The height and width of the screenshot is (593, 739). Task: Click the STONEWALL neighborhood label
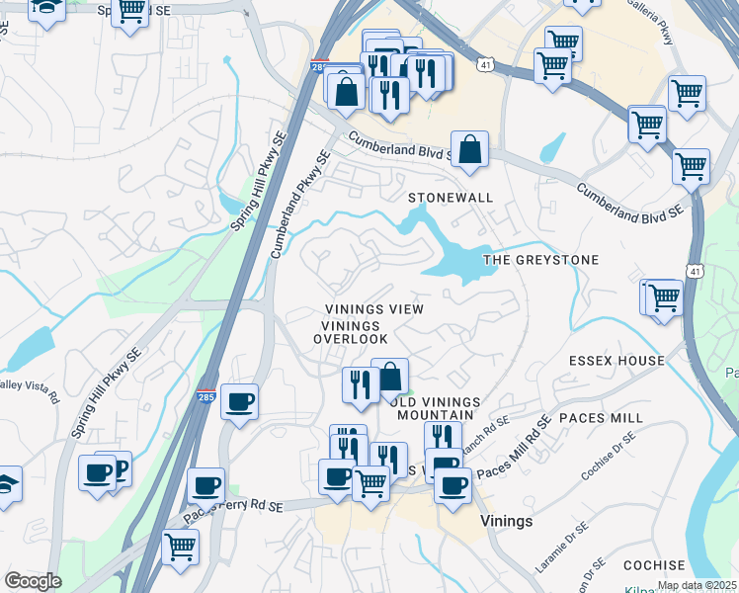(451, 198)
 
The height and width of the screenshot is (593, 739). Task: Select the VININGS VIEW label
(374, 309)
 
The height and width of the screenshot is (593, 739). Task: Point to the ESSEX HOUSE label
(616, 361)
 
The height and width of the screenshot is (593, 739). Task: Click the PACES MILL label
(601, 418)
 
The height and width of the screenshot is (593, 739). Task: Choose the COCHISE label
(654, 565)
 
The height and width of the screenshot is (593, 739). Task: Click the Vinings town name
(506, 521)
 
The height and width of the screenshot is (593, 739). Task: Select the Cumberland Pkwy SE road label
(300, 204)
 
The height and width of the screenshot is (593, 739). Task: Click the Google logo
(33, 581)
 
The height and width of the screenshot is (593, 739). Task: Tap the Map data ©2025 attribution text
(697, 585)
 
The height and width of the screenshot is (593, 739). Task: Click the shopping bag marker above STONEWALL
(471, 149)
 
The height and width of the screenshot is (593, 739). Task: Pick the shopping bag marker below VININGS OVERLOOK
(389, 377)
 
